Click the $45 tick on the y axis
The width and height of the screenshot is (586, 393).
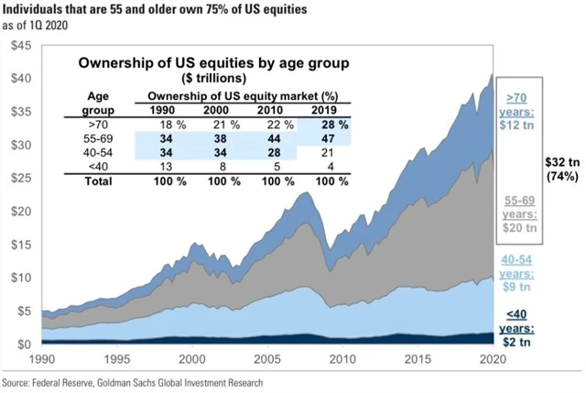click(x=20, y=44)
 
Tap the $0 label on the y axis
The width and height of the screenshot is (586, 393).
click(x=25, y=344)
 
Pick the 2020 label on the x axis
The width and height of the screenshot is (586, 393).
click(x=494, y=359)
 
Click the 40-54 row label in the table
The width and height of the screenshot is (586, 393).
click(x=97, y=151)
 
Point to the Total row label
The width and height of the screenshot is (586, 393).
click(x=97, y=181)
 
